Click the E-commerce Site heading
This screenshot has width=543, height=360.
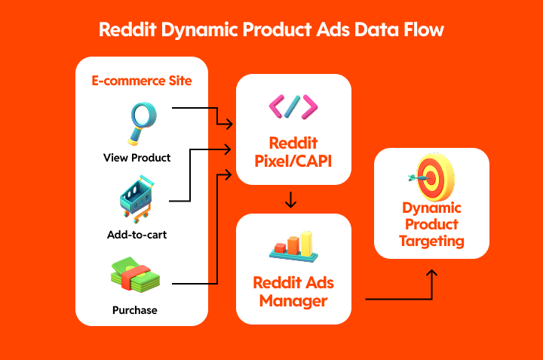tap(142, 81)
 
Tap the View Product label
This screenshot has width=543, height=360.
tap(137, 158)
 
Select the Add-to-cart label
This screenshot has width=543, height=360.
tap(137, 235)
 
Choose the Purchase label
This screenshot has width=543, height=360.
tap(137, 310)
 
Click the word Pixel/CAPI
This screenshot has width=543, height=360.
tap(293, 160)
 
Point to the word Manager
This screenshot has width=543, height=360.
tap(293, 301)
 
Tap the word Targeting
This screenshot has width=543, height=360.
tap(432, 242)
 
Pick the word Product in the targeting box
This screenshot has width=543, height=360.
tap(432, 224)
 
